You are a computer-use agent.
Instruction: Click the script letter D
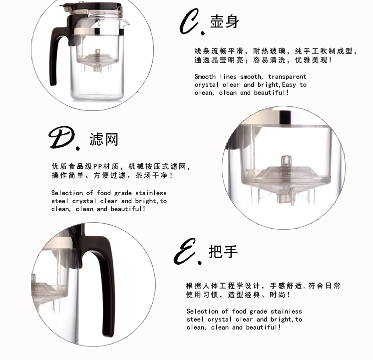click(61, 137)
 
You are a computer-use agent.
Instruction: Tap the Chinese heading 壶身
click(224, 21)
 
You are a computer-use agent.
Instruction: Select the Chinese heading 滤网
click(104, 139)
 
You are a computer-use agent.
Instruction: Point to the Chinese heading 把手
click(223, 251)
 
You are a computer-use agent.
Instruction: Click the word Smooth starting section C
click(205, 76)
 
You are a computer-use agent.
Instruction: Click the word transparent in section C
click(287, 77)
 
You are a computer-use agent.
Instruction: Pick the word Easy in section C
click(289, 85)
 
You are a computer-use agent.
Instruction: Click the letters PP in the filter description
click(98, 166)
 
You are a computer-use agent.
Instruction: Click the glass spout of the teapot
click(125, 22)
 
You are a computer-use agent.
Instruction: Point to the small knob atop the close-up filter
click(287, 161)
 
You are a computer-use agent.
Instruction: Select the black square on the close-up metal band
click(286, 117)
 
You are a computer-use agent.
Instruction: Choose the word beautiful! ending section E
click(263, 328)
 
